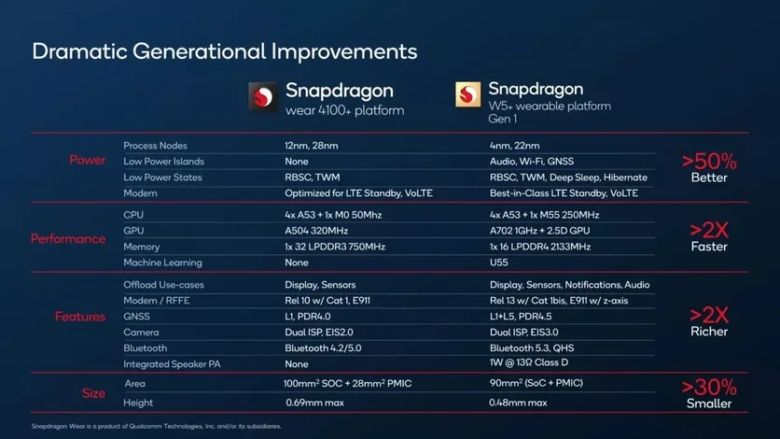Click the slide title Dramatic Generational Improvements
tap(224, 50)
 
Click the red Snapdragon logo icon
tap(263, 97)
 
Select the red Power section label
tap(88, 161)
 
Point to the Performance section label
tap(68, 238)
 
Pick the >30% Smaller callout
tap(709, 393)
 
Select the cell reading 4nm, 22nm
tap(515, 146)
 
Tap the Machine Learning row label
tap(163, 262)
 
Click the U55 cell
tap(499, 262)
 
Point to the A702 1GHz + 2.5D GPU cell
tap(552, 231)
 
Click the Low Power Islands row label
tap(163, 162)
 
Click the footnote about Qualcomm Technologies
tap(156, 426)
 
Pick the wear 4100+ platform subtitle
tap(344, 111)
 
